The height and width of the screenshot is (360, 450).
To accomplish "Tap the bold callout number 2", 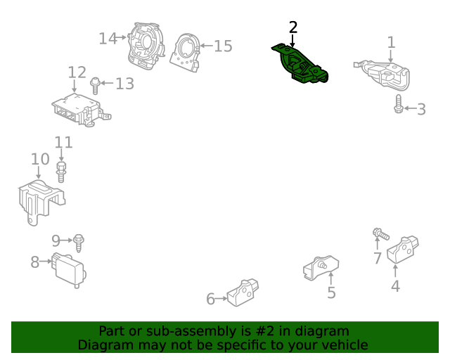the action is click(x=293, y=27).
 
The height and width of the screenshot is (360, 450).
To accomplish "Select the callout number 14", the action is click(x=108, y=39).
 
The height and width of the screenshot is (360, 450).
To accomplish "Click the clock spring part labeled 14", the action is click(x=146, y=46).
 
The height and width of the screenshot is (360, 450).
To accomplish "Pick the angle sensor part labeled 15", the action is click(x=185, y=53).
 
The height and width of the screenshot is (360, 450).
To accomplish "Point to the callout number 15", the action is click(x=224, y=46).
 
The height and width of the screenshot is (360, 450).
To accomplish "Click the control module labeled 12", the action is click(x=82, y=110).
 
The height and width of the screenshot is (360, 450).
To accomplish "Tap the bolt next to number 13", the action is click(x=95, y=86).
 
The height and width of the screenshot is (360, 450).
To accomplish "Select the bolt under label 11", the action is click(x=61, y=172).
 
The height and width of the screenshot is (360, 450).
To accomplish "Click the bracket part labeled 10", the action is click(x=40, y=201).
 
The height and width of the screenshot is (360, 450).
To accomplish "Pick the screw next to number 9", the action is click(x=78, y=243).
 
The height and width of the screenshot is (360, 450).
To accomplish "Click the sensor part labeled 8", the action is click(x=69, y=270).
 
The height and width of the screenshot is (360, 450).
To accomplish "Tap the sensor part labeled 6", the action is click(x=243, y=292).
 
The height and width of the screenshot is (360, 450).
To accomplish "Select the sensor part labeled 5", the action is click(x=321, y=268).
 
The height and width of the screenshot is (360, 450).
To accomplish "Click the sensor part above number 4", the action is click(x=402, y=249).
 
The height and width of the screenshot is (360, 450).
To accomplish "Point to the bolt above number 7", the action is click(x=381, y=233).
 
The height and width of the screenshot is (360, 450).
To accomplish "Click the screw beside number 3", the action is click(x=399, y=104).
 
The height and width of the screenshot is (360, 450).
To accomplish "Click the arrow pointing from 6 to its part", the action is click(x=221, y=299).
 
